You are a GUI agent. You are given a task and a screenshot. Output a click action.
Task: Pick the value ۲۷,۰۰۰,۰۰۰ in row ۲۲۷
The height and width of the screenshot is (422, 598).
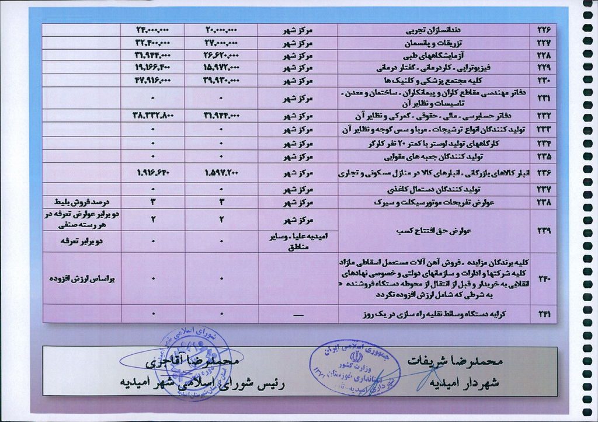221,43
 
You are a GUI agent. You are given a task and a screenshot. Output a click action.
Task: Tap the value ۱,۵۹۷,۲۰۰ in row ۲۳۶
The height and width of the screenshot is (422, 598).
221,173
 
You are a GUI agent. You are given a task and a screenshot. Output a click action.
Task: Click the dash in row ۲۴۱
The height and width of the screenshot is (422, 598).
297,314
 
